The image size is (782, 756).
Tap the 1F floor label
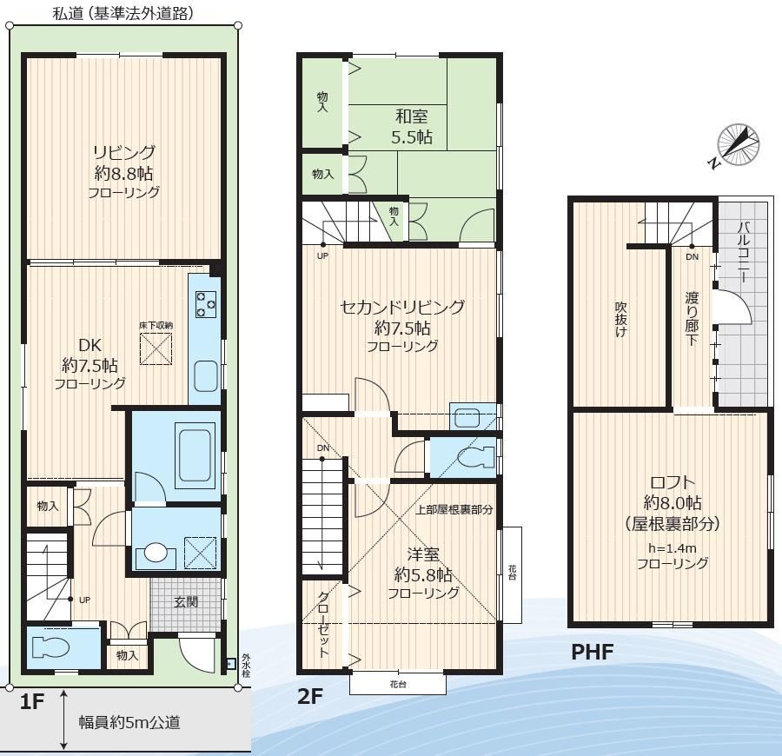tap(32, 701)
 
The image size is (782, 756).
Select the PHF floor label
tap(592, 652)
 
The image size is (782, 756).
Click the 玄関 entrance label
tap(186, 602)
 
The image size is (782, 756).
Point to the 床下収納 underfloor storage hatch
tap(156, 349)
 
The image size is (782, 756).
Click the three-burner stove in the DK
tap(206, 303)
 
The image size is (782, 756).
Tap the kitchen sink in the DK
tap(206, 376)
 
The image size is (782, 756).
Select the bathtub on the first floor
tap(194, 454)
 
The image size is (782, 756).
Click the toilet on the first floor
tap(50, 647)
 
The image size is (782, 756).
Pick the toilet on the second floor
tap(476, 458)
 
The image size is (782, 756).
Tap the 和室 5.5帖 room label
tap(412, 127)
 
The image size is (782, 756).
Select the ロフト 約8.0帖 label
tap(673, 502)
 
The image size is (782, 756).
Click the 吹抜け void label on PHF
tap(620, 319)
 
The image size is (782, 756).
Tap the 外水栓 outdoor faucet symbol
tap(230, 664)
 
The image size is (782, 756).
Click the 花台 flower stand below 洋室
tap(397, 684)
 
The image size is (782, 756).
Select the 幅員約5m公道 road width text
tap(129, 722)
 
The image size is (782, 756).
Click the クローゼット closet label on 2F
tap(323, 624)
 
